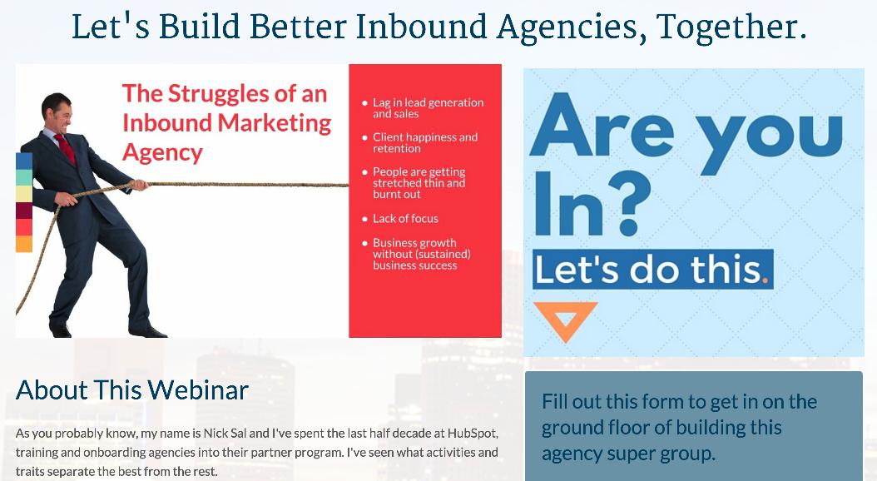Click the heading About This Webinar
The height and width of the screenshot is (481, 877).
(132, 389)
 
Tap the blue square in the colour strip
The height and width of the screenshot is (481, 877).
(24, 161)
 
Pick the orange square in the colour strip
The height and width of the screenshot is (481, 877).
(24, 244)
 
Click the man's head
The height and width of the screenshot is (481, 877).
(57, 110)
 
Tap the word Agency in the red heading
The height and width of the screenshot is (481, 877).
(162, 153)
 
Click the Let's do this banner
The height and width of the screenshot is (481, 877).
(652, 269)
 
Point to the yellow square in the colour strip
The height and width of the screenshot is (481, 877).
(24, 194)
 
